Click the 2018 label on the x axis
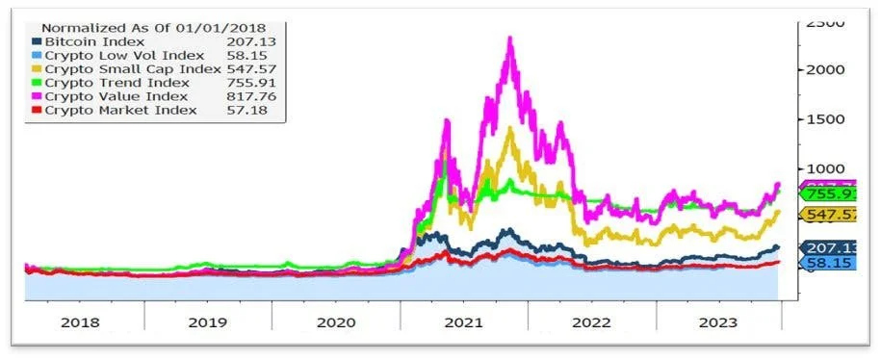[x=80, y=323]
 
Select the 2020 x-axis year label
[x=336, y=323]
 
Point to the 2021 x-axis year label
[x=464, y=323]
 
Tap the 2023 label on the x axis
[x=720, y=323]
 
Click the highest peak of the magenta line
[x=509, y=39]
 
